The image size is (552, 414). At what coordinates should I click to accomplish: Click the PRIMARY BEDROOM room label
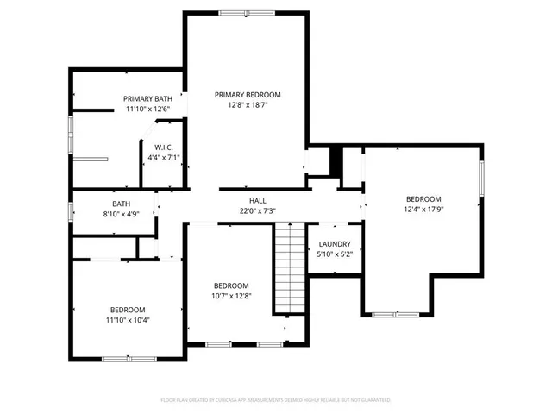(248, 95)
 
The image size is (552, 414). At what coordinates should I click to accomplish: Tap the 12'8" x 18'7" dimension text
(248, 105)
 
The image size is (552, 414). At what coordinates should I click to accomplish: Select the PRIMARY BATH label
(153, 98)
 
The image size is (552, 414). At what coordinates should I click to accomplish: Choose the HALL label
(257, 200)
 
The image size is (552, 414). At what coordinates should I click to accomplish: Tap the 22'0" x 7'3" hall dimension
(257, 210)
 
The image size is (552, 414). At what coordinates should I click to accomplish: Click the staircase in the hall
(291, 267)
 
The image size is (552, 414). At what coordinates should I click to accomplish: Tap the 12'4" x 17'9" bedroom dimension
(423, 209)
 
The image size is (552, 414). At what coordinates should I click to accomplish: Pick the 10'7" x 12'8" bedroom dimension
(231, 296)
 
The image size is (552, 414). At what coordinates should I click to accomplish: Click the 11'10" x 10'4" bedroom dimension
(127, 320)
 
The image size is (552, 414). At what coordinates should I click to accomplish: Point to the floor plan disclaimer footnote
(276, 400)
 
